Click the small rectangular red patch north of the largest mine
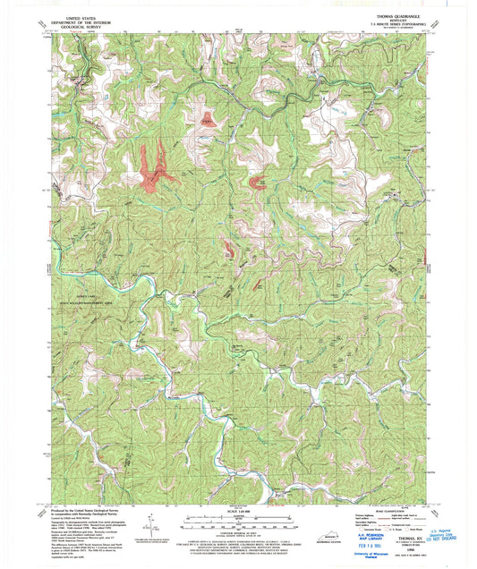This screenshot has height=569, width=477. pos(208,118)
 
